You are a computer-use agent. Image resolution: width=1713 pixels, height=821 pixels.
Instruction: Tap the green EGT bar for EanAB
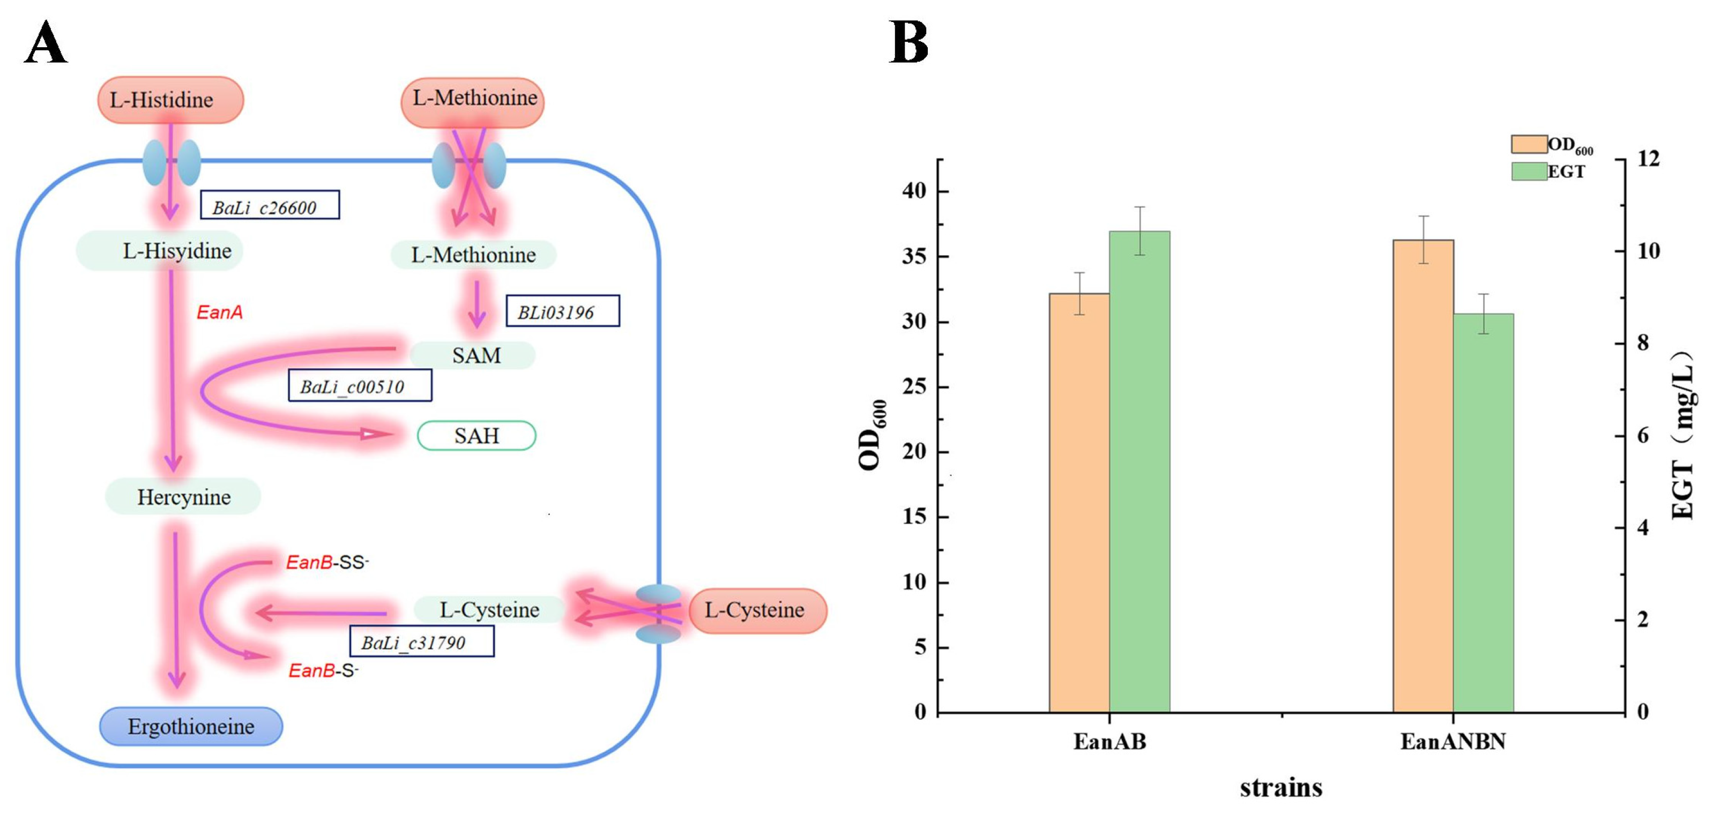1139,472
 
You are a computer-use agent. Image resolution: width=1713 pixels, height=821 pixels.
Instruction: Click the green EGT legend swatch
1529,171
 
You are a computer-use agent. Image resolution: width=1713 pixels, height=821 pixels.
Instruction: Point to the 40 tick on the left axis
914,191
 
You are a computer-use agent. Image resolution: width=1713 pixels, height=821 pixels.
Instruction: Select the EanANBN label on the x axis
1453,741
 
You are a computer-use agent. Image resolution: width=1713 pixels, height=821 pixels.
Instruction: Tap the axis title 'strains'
1281,788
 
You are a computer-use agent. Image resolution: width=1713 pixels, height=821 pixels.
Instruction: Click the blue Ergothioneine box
191,726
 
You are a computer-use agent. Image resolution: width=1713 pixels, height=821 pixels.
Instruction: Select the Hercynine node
183,497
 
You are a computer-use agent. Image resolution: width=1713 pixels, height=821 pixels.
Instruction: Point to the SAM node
475,356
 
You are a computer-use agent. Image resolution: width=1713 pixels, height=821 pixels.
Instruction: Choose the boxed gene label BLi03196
563,311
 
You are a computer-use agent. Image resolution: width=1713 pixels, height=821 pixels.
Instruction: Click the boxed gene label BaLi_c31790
422,641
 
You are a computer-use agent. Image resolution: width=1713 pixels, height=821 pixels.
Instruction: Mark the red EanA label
219,312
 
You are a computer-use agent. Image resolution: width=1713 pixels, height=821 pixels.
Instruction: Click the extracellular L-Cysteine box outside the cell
757,610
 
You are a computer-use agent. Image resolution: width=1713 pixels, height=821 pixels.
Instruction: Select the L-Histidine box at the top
170,100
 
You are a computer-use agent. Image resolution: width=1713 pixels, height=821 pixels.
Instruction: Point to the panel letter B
908,42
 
